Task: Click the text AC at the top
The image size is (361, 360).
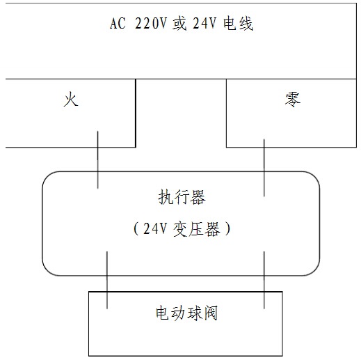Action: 118,23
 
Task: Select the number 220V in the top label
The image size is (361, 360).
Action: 151,23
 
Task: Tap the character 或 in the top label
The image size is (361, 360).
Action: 179,23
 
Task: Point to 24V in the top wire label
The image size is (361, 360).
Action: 204,23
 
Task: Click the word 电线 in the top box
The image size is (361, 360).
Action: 238,24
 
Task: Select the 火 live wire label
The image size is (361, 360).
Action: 71,99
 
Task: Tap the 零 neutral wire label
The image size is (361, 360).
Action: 293,100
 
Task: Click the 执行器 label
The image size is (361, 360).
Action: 182,197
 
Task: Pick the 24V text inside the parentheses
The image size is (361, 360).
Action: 155,228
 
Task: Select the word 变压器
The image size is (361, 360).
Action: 197,229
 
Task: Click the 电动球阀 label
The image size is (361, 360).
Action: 186,313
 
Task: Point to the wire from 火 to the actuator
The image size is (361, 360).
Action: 97,160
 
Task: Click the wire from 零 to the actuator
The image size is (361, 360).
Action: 264,168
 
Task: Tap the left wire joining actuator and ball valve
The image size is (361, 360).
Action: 107,280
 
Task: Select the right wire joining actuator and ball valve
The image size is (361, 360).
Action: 264,280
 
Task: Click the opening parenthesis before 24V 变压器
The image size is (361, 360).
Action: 136,228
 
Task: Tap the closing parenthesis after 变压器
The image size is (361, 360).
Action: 227,228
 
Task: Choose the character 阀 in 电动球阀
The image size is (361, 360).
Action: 211,313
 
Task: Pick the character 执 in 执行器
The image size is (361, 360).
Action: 166,197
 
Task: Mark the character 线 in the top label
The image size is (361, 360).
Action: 246,24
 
